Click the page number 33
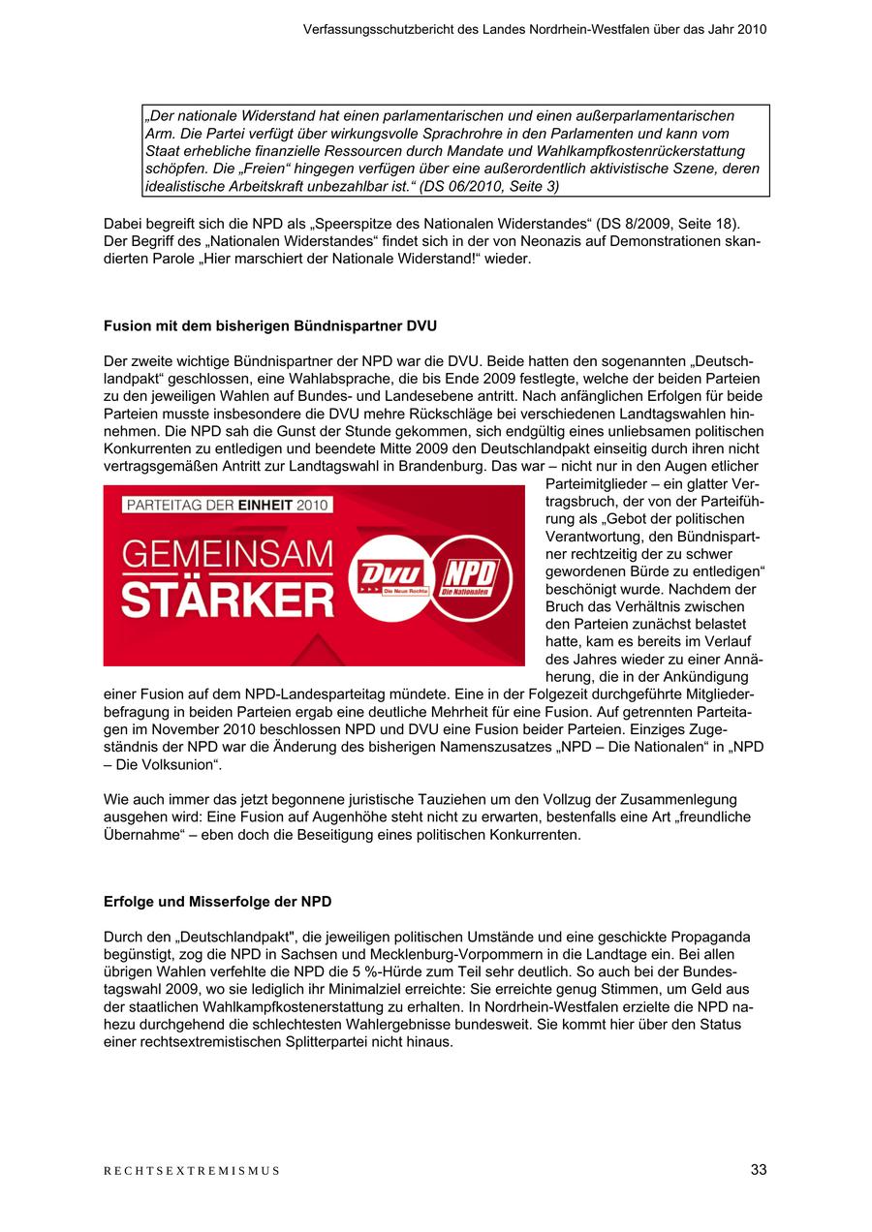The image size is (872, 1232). click(x=758, y=1170)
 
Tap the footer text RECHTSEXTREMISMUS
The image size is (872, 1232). click(x=192, y=1171)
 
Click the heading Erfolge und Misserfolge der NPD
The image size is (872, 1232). click(x=217, y=902)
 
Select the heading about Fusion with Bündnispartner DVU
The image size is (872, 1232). click(x=263, y=325)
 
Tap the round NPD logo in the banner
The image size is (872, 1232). click(x=464, y=578)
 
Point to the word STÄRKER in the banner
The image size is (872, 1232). click(x=228, y=600)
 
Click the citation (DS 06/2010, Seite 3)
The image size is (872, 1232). click(x=489, y=186)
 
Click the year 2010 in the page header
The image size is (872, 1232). click(x=751, y=29)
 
